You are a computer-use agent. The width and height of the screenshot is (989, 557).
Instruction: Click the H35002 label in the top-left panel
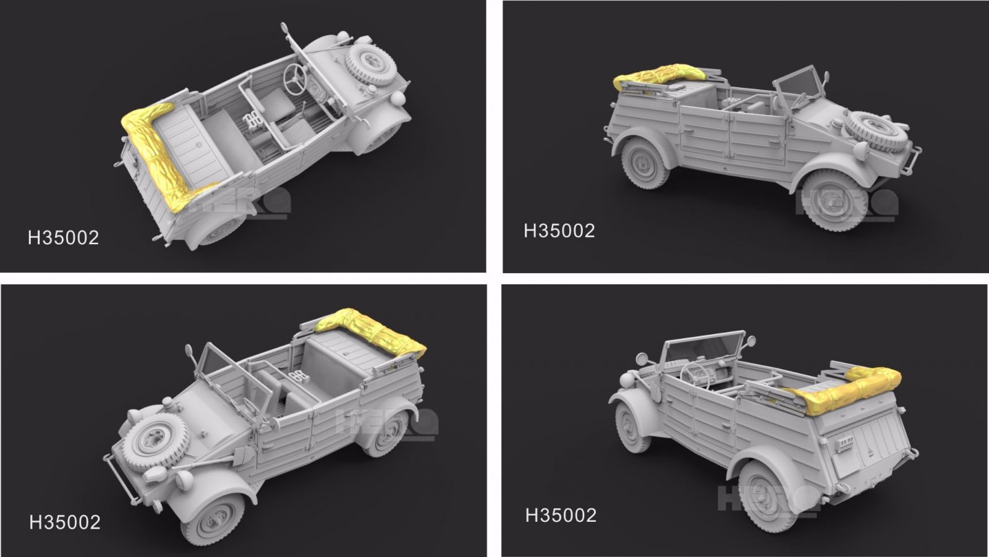(x=63, y=238)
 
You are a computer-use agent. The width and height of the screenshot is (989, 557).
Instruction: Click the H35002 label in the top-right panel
(x=559, y=231)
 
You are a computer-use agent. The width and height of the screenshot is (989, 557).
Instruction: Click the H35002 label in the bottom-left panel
(x=64, y=522)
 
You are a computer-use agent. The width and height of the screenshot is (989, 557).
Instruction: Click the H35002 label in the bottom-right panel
(x=561, y=515)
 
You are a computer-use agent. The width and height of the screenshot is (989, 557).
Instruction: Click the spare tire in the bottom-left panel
(x=148, y=440)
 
